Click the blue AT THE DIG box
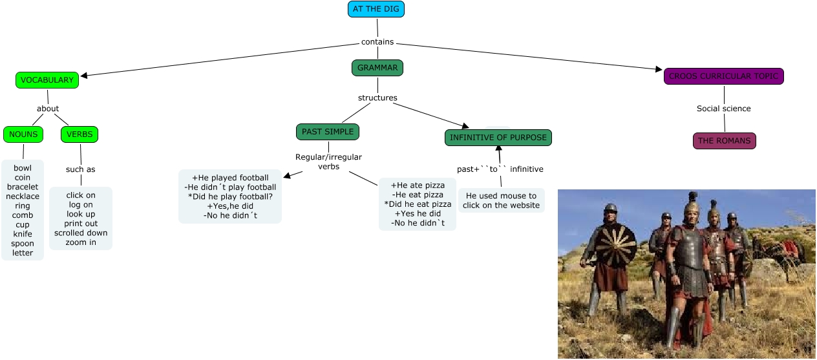pyautogui.click(x=376, y=9)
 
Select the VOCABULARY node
pyautogui.click(x=47, y=80)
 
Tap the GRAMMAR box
pyautogui.click(x=377, y=68)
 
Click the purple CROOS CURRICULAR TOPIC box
pyautogui.click(x=723, y=76)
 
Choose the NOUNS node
pyautogui.click(x=23, y=134)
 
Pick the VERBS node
pyautogui.click(x=80, y=134)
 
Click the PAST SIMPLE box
pyautogui.click(x=328, y=132)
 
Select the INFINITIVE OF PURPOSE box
pyautogui.click(x=498, y=138)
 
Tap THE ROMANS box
pyautogui.click(x=724, y=140)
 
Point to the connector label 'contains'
pyautogui.click(x=377, y=42)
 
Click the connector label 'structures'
pyautogui.click(x=377, y=98)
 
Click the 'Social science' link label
pyautogui.click(x=723, y=109)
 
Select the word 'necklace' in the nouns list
pyautogui.click(x=23, y=196)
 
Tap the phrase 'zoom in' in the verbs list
pyautogui.click(x=81, y=243)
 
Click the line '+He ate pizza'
pyautogui.click(x=418, y=185)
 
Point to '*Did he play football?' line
pyautogui.click(x=230, y=196)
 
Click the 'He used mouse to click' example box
pyautogui.click(x=501, y=200)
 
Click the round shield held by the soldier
pyautogui.click(x=615, y=246)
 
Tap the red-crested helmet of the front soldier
pyautogui.click(x=693, y=206)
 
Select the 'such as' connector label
pyautogui.click(x=81, y=169)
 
